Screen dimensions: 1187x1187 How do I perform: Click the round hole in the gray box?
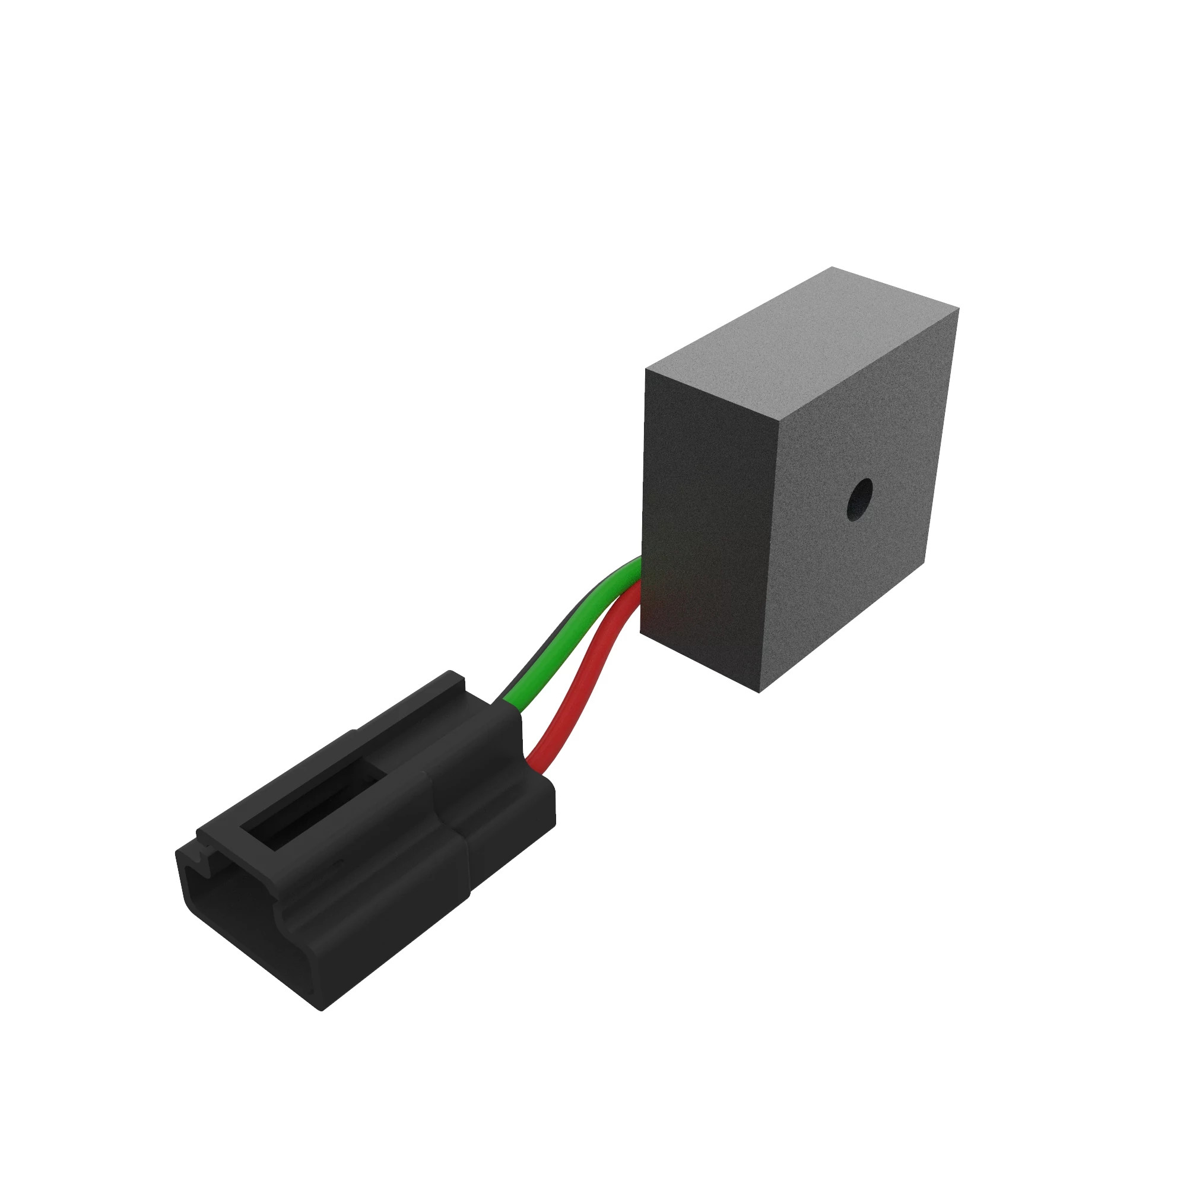coord(859,499)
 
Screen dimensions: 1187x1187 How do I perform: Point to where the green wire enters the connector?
coord(513,706)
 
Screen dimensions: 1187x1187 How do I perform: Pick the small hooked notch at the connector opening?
coord(206,854)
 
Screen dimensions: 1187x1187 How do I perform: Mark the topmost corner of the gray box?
coord(832,267)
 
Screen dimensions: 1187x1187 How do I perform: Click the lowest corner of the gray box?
coord(760,693)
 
